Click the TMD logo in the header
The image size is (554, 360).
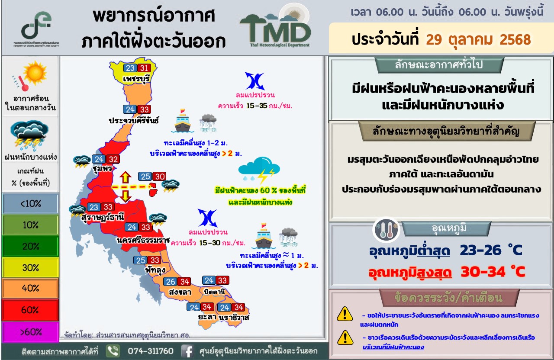[x=276, y=27]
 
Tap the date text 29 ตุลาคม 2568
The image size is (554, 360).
[x=478, y=40]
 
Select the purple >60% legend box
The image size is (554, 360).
[x=30, y=332]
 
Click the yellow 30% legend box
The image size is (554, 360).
[x=30, y=267]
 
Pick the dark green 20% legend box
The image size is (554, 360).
[x=30, y=246]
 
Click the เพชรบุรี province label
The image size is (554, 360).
[x=136, y=79]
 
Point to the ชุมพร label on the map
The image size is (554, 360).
[x=103, y=169]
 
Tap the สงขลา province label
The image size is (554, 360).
[x=180, y=292]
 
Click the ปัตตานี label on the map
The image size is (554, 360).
[x=214, y=292]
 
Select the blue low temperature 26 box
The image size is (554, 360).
[x=170, y=281]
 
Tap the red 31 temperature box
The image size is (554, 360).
[x=144, y=68]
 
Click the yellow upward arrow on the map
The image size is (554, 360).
[x=126, y=177]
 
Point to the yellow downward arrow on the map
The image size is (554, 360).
[x=126, y=196]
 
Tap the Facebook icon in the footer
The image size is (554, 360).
[x=187, y=351]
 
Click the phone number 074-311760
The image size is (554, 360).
[x=150, y=351]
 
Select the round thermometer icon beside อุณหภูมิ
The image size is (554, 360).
[x=386, y=230]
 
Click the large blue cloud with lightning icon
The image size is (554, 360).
[x=259, y=170]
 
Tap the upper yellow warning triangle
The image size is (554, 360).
[x=345, y=314]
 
